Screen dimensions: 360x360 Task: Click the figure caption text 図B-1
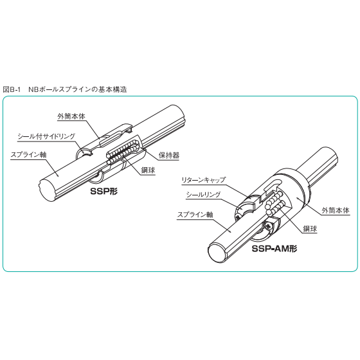click(12, 89)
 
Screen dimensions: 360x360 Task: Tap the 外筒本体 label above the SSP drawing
click(71, 116)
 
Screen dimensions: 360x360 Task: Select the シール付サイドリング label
click(46, 136)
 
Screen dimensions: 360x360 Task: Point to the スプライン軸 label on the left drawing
click(28, 154)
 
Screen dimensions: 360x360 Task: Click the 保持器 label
click(168, 156)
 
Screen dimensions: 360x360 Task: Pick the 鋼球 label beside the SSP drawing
click(148, 170)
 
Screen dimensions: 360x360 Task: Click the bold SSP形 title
click(104, 191)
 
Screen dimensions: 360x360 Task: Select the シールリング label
click(203, 195)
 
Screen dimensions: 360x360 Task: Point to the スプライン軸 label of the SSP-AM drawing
click(195, 215)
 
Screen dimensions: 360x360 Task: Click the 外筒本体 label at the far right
click(336, 210)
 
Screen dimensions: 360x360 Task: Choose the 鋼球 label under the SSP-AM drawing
click(310, 229)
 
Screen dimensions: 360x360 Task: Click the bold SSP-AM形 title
click(274, 249)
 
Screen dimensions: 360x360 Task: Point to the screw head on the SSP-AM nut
click(269, 226)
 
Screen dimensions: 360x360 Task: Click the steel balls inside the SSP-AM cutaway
click(276, 203)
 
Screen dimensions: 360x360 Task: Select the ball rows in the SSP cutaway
click(123, 152)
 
